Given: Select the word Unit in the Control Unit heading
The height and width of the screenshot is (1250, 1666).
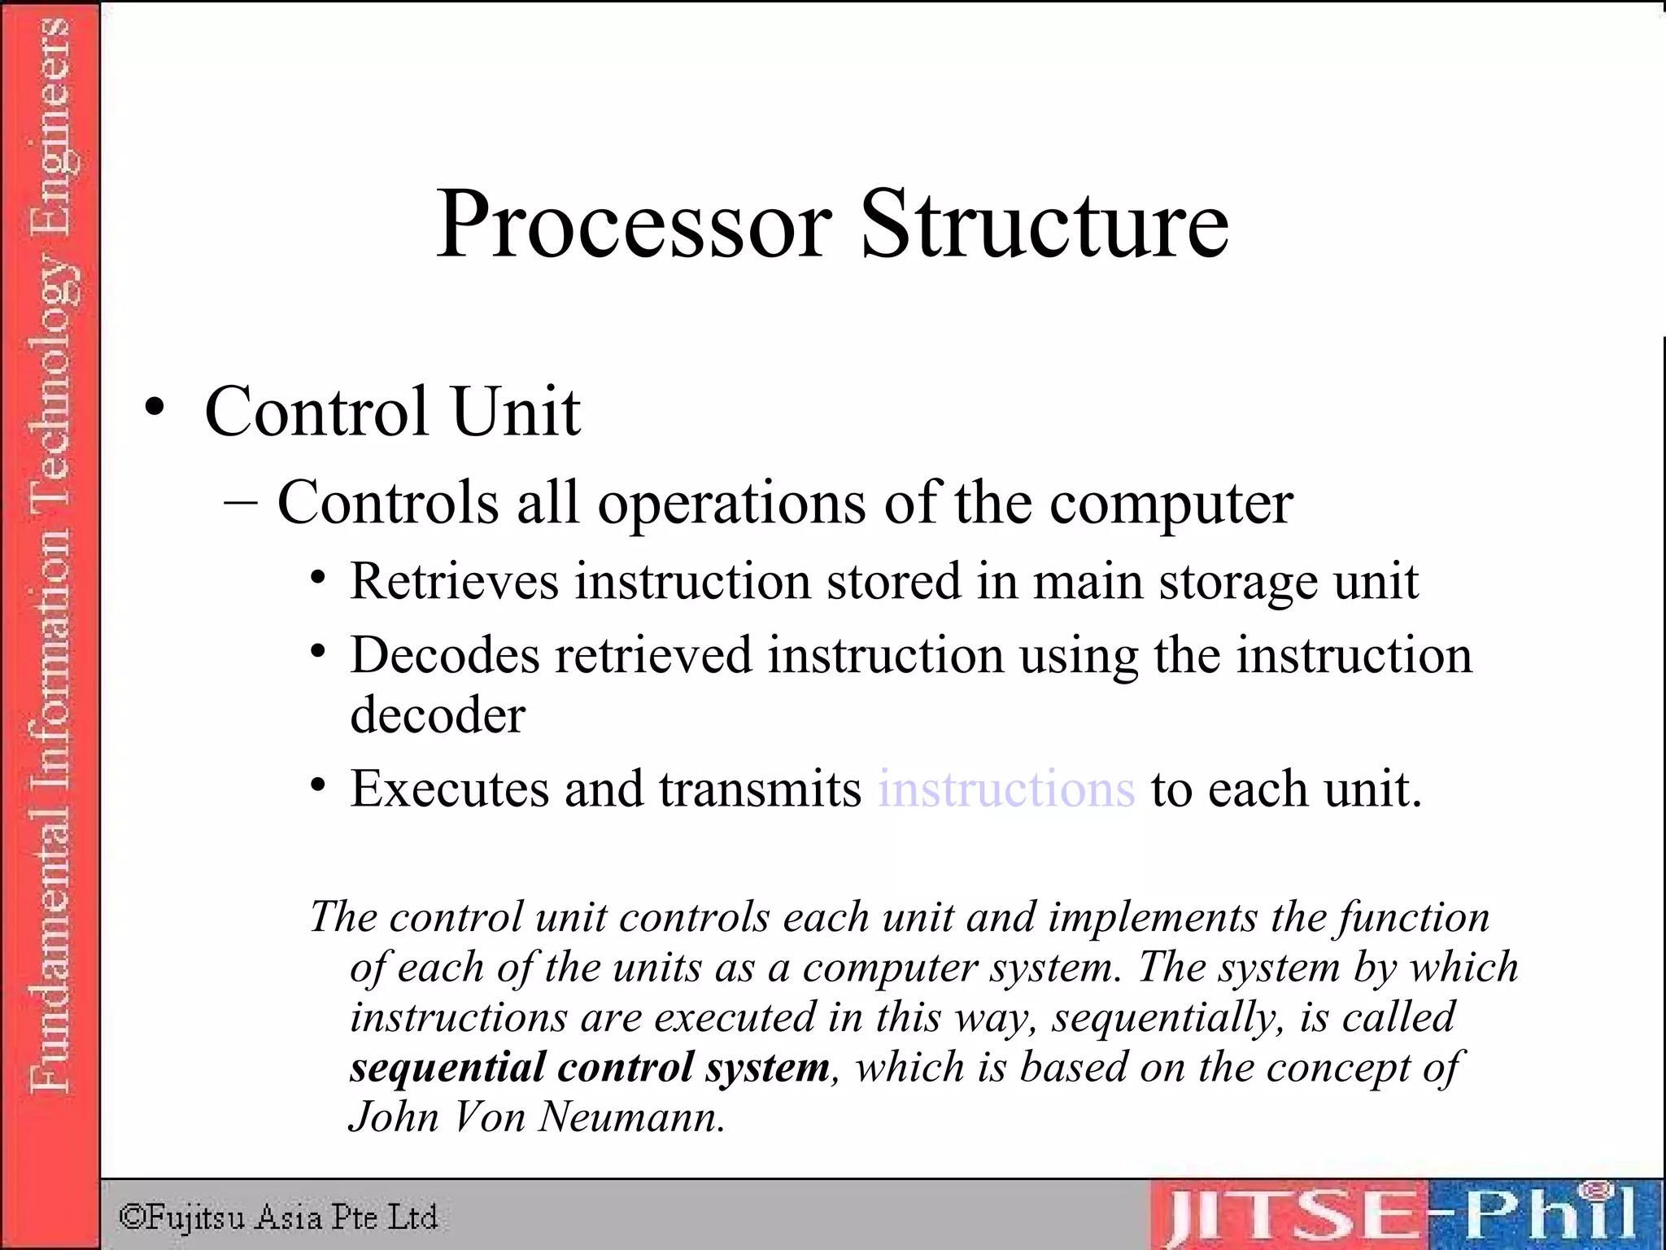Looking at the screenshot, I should click(x=516, y=411).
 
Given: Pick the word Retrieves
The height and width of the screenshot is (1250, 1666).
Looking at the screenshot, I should click(x=454, y=582).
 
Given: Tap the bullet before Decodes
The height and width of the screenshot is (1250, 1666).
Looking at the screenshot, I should click(x=318, y=652).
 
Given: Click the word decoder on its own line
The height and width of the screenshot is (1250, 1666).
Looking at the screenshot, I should click(x=438, y=715).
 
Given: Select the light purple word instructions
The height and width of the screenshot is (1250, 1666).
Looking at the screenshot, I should click(x=1006, y=789).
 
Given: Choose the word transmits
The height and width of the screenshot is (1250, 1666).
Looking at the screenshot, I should click(x=760, y=789).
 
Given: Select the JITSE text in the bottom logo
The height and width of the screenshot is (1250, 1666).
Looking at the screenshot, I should click(x=1288, y=1215).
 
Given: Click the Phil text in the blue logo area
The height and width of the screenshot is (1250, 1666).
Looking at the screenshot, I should click(x=1546, y=1213).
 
